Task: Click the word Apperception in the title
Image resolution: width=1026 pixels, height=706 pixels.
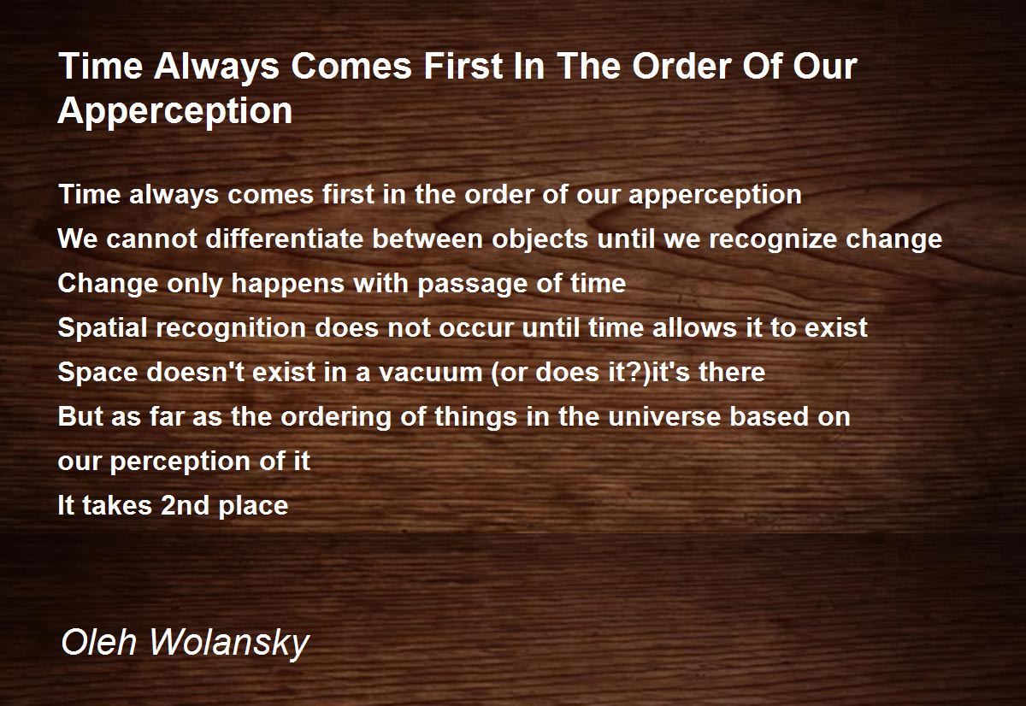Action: tap(175, 112)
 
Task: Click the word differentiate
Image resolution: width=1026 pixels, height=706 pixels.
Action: tap(285, 238)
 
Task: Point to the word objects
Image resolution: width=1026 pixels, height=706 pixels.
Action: tap(540, 240)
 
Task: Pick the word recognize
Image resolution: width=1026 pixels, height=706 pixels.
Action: tap(773, 240)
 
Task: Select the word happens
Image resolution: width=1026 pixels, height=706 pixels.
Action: tap(287, 285)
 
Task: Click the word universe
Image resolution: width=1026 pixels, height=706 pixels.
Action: tap(664, 416)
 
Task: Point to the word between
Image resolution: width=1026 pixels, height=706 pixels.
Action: tap(427, 238)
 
